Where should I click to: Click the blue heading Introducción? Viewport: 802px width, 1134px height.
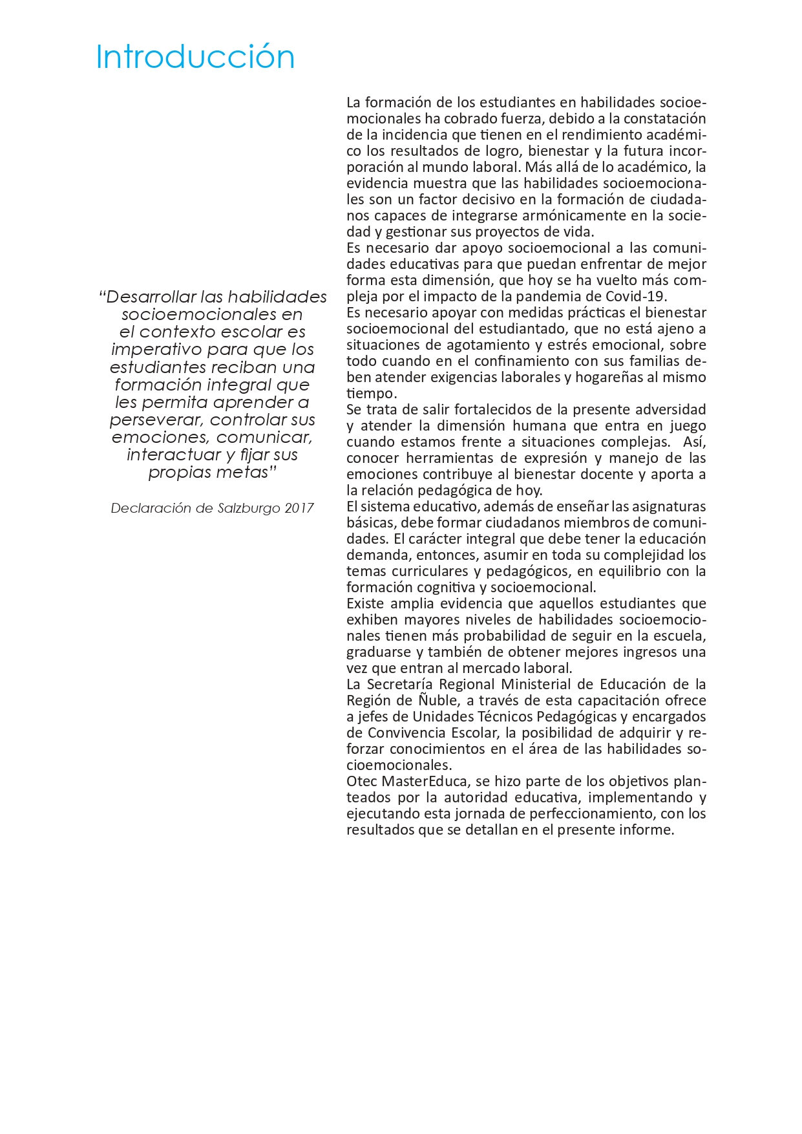[x=195, y=57]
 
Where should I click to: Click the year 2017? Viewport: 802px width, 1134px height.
[x=299, y=508]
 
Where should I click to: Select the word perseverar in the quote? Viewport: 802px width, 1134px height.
[x=157, y=420]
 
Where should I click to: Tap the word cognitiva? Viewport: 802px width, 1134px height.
[x=450, y=588]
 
